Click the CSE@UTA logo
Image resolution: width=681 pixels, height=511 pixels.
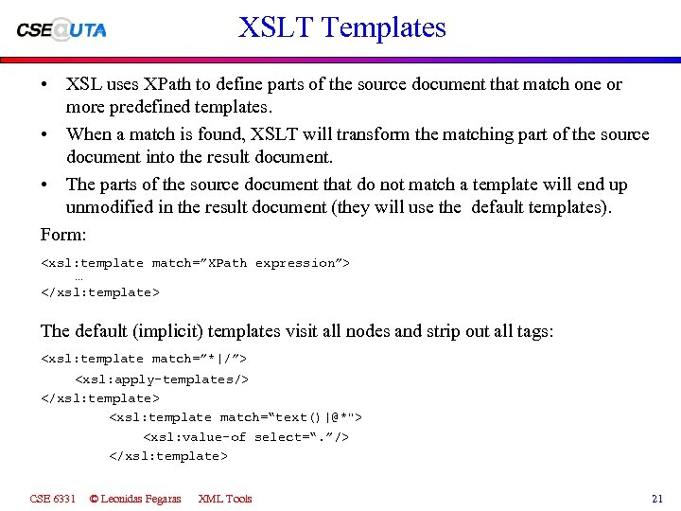point(61,28)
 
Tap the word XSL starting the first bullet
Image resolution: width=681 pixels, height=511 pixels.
point(83,84)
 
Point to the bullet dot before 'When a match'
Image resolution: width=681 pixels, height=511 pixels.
point(45,134)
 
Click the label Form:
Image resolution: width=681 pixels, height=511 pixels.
point(61,233)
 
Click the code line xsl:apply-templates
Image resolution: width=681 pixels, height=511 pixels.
point(162,379)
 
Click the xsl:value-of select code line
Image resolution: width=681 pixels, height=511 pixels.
point(246,436)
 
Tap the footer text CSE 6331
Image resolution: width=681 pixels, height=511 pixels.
point(53,498)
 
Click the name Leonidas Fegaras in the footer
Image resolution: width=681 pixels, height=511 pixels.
point(141,498)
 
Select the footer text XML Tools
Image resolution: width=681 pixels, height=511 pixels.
point(225,498)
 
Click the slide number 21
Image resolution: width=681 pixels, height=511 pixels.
point(657,498)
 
